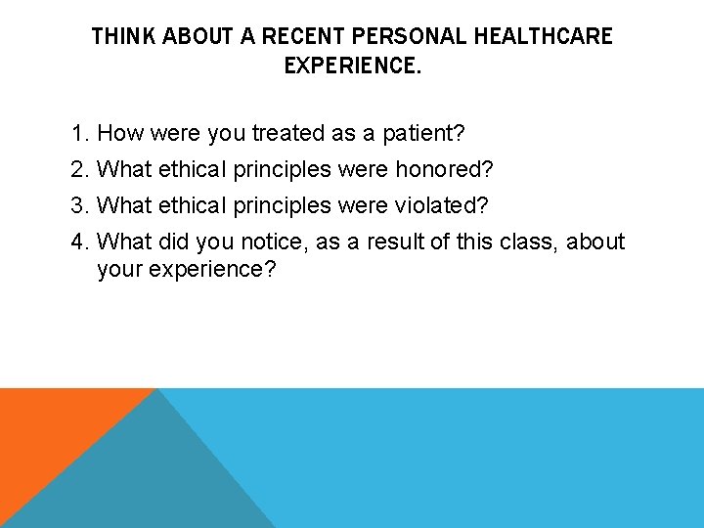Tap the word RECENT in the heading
(x=301, y=37)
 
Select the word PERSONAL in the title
(x=410, y=37)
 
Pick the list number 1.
(x=79, y=133)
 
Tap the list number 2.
(x=79, y=170)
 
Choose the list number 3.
(x=79, y=206)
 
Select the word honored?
(x=444, y=170)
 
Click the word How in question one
(x=120, y=133)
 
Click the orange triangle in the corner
(x=49, y=430)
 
